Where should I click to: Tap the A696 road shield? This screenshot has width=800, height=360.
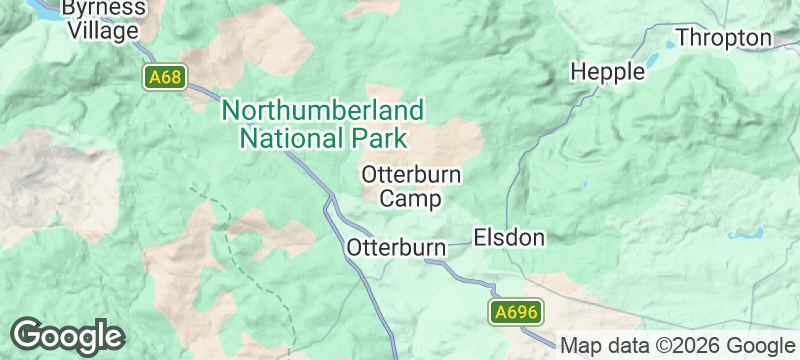517,312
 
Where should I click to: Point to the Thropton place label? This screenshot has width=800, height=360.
725,38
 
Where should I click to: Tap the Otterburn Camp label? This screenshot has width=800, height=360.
411,186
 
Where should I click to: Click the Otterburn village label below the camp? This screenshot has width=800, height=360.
395,247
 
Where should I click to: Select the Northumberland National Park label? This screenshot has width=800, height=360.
323,123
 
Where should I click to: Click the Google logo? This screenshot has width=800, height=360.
67,335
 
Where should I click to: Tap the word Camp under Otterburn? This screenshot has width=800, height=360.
411,199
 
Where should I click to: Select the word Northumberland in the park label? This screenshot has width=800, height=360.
323,109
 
